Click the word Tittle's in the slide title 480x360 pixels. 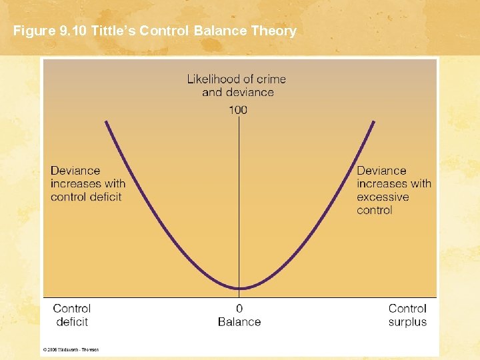click(115, 31)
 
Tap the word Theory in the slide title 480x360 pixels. click(271, 31)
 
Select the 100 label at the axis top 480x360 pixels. click(238, 109)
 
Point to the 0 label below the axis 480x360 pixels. click(239, 309)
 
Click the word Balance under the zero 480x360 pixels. click(239, 322)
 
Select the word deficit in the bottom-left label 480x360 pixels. click(72, 322)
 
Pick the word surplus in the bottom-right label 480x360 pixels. click(407, 322)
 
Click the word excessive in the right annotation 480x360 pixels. click(383, 197)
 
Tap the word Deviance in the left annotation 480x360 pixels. click(75, 171)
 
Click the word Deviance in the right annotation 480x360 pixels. click(381, 171)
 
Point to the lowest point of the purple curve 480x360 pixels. click(240, 288)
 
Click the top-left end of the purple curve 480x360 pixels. click(105, 121)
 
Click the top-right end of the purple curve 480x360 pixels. click(375, 121)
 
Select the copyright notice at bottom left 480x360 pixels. click(71, 349)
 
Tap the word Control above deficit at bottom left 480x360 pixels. click(72, 309)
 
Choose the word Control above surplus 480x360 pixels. click(407, 309)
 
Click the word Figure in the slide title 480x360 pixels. click(31, 31)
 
